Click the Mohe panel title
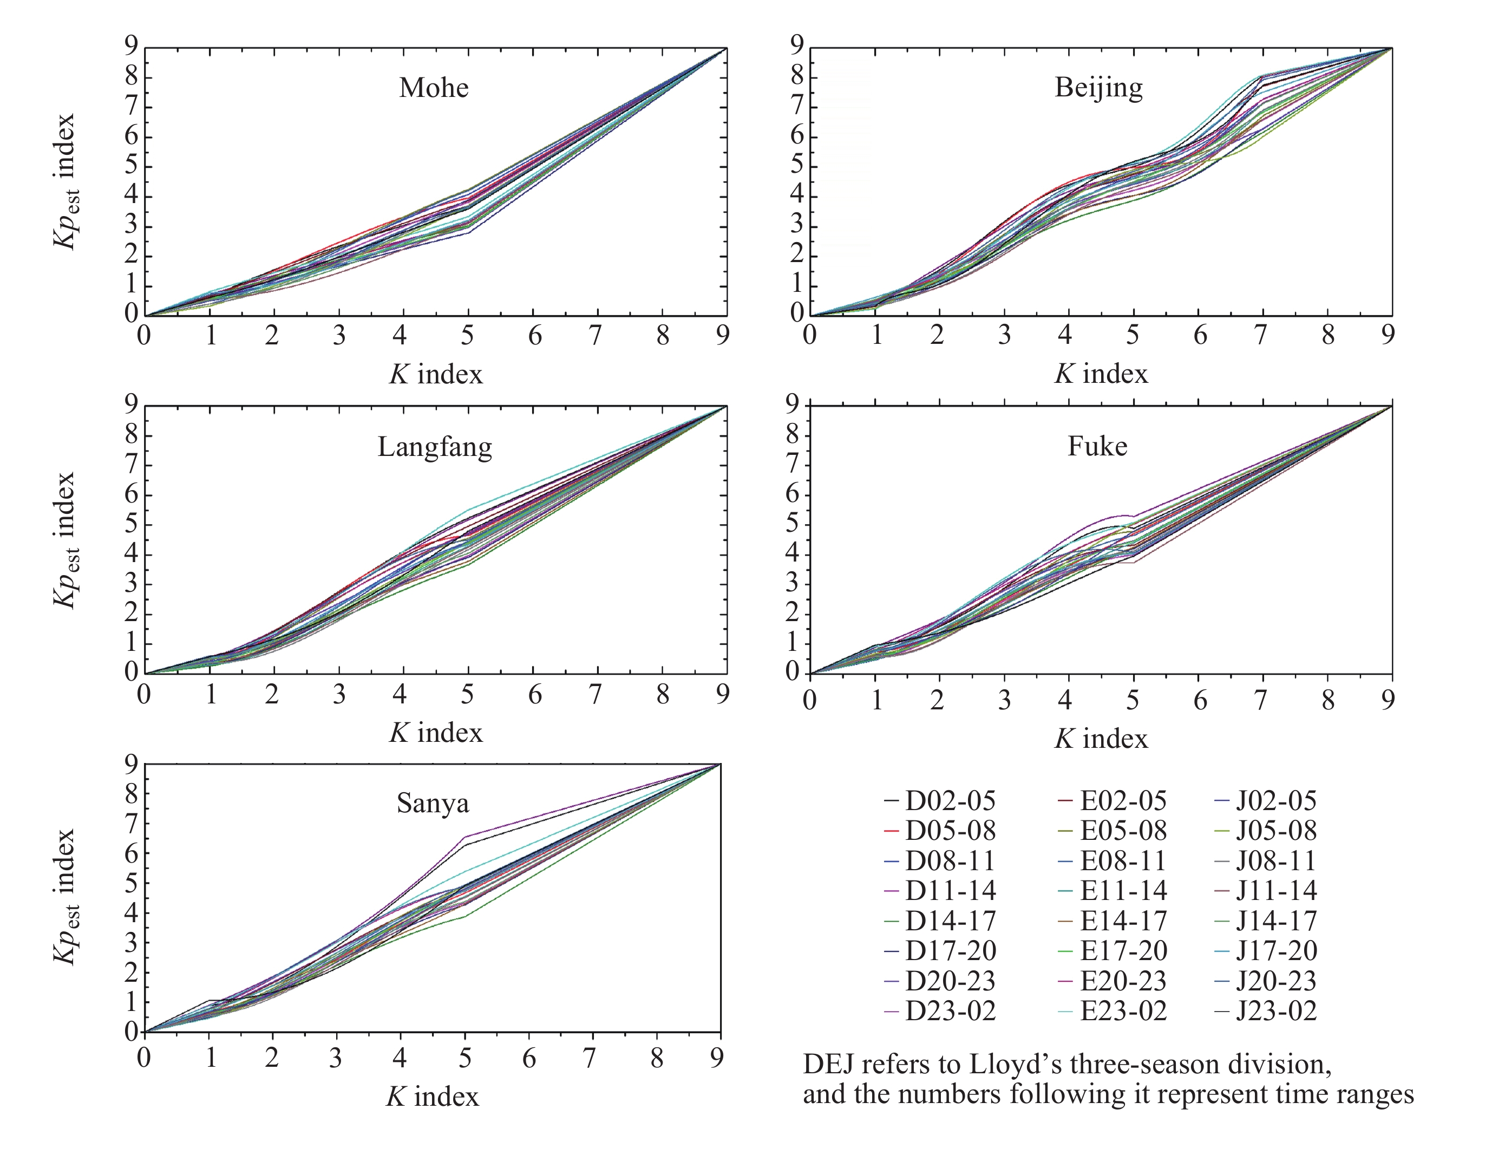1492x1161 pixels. point(434,88)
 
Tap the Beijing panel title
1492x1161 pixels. point(1098,88)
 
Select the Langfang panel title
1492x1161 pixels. point(435,447)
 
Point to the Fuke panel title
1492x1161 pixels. point(1097,446)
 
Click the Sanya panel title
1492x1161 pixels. point(433,803)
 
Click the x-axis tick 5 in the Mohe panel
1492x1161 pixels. point(467,336)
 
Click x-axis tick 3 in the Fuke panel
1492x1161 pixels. point(1004,700)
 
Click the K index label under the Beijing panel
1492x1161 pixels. point(1101,374)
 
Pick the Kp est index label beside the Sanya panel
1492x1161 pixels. point(66,897)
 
